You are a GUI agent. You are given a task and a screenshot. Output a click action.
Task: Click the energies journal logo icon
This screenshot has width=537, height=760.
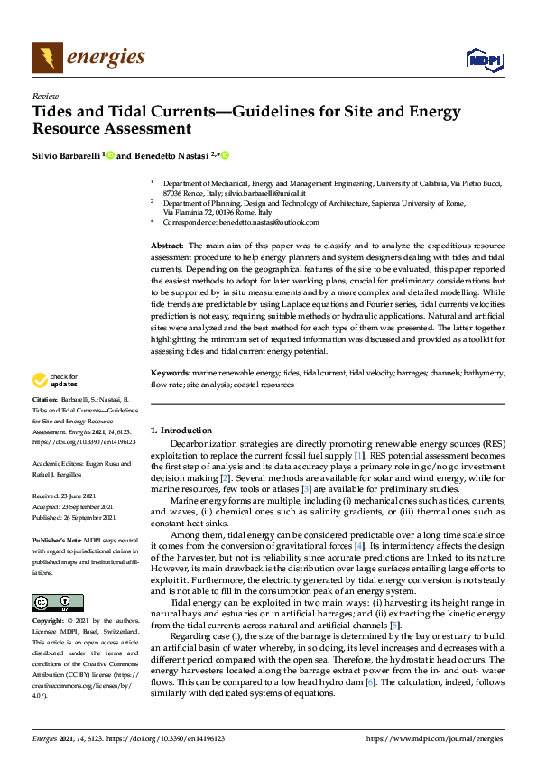pyautogui.click(x=48, y=58)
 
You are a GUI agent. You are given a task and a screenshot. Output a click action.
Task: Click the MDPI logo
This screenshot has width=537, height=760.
pyautogui.click(x=483, y=60)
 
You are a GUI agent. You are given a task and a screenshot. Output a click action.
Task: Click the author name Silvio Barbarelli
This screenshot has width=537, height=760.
pyautogui.click(x=66, y=155)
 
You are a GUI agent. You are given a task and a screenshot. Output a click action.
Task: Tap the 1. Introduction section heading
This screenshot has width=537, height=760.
pyautogui.click(x=181, y=431)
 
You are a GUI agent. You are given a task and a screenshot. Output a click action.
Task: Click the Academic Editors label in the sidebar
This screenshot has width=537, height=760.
pyautogui.click(x=60, y=465)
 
